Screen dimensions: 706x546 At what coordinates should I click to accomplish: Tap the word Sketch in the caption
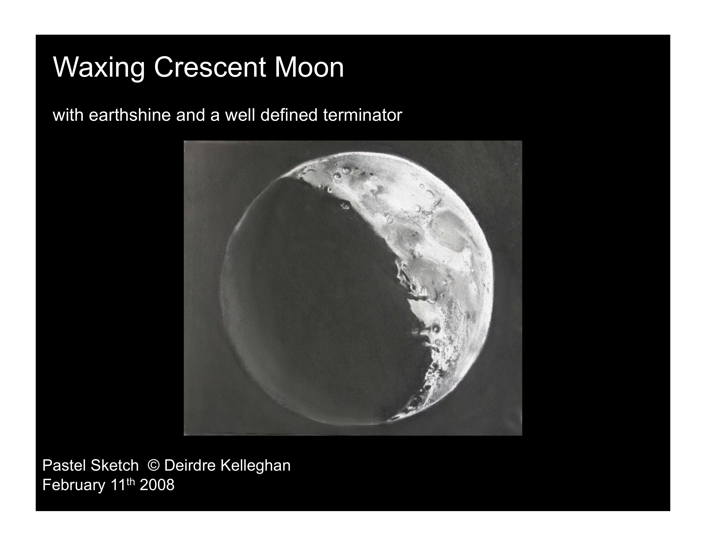click(x=115, y=465)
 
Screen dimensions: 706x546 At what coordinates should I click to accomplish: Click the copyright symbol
click(x=154, y=466)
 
